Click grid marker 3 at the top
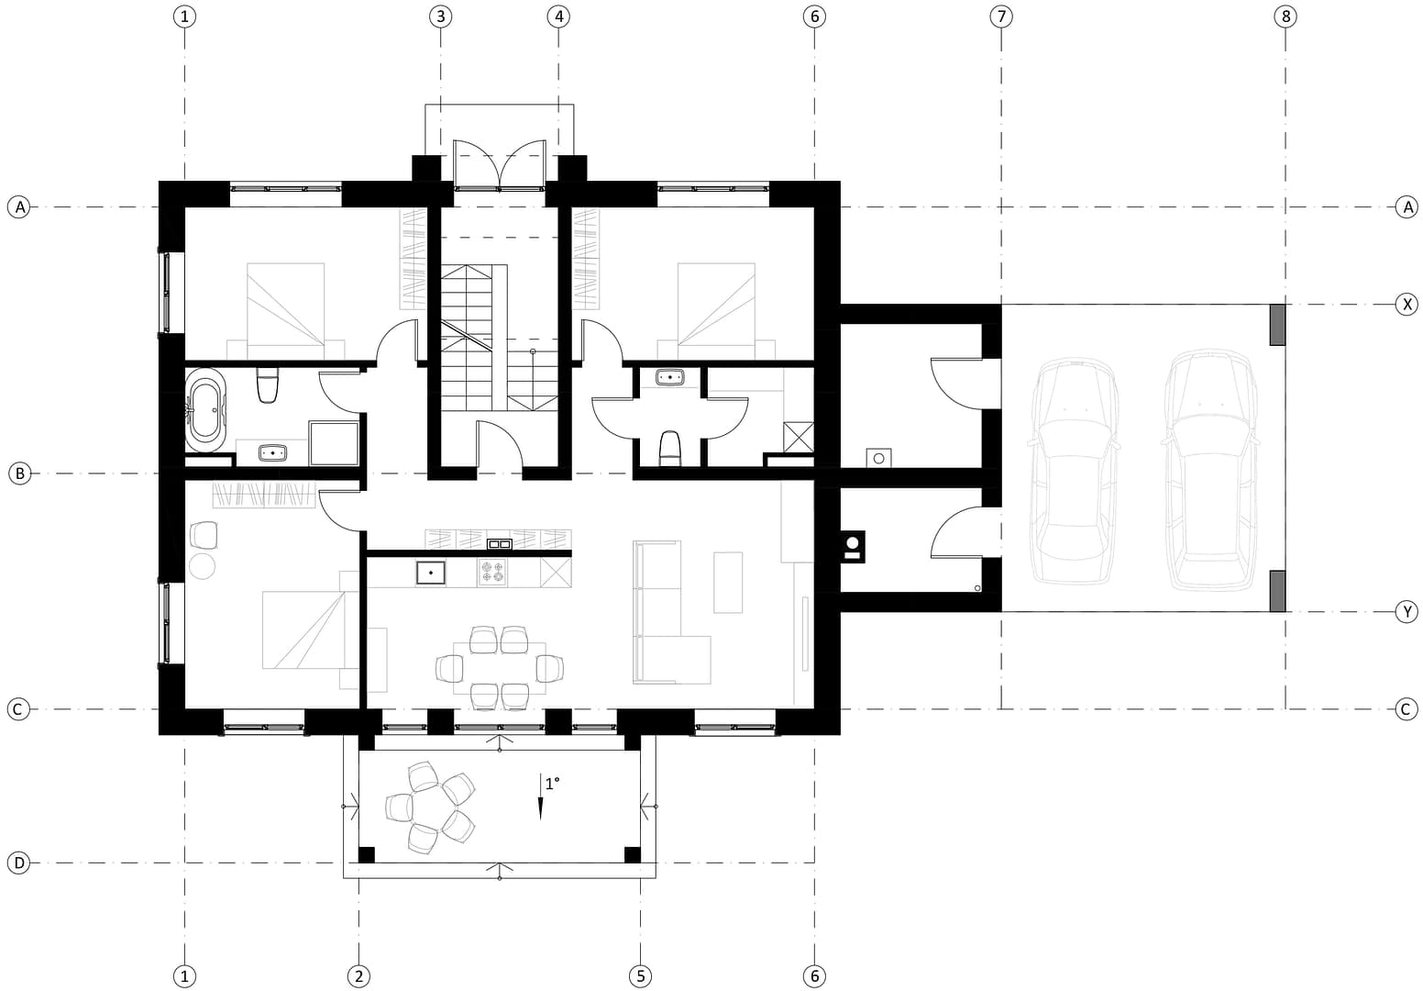tap(440, 17)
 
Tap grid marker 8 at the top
tap(1285, 17)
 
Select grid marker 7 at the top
tap(1001, 17)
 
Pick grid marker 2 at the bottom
tap(359, 975)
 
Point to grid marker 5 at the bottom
tap(640, 975)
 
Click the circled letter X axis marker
tap(1406, 305)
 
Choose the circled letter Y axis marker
tap(1406, 611)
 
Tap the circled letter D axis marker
tap(18, 863)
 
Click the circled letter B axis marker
tap(19, 473)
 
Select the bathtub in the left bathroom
tap(204, 409)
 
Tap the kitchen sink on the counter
tap(431, 573)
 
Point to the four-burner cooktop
tap(492, 572)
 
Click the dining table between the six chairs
tap(500, 668)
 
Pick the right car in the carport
tap(1210, 469)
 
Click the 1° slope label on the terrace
tap(552, 783)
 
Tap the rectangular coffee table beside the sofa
tap(728, 583)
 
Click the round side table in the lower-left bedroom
tap(203, 566)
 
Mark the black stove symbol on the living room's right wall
tap(853, 546)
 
